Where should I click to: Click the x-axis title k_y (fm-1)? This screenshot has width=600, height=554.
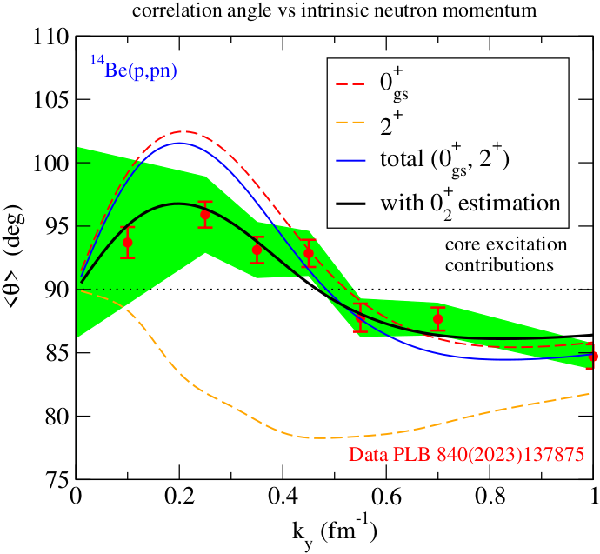335,531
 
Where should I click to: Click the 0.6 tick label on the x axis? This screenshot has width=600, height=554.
490,499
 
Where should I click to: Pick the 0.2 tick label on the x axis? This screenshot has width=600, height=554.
178,499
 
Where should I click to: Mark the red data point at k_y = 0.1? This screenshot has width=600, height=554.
128,243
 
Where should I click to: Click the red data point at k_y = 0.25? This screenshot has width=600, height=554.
205,215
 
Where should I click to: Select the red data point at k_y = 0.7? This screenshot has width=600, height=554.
438,319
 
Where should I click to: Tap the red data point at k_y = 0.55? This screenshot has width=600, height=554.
361,317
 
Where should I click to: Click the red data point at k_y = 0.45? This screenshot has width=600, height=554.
309,253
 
